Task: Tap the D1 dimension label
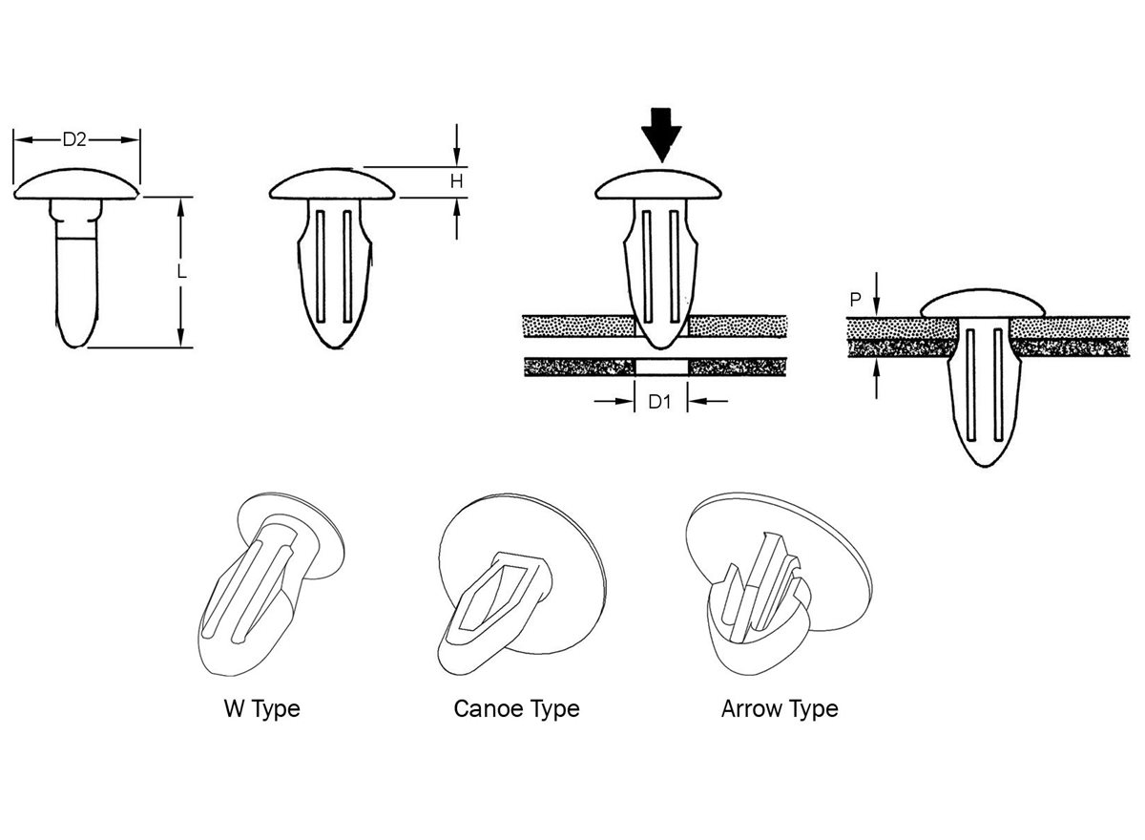coord(661,402)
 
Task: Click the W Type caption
coord(261,709)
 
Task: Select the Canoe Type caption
coord(516,709)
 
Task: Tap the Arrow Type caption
coord(780,709)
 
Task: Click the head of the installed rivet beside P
coord(983,305)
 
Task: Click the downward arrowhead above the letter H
coord(458,154)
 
